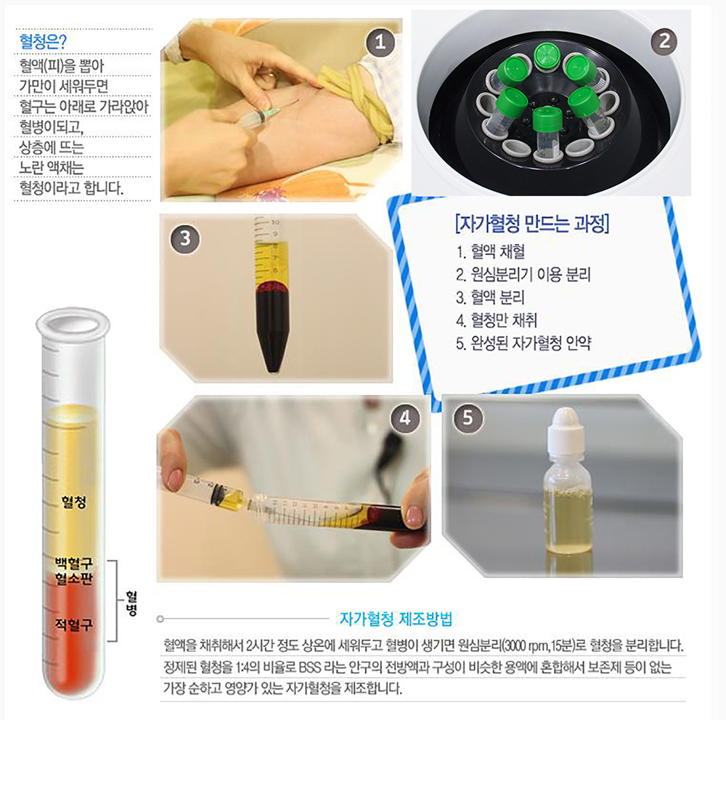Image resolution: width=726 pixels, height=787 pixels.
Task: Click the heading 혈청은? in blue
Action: (x=43, y=41)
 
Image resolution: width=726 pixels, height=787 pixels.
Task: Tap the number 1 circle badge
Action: (x=380, y=42)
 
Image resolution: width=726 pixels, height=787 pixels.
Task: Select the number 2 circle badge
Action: (x=664, y=41)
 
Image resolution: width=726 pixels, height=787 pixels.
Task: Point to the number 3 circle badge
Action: (x=185, y=238)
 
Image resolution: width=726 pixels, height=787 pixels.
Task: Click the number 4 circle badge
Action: (x=404, y=417)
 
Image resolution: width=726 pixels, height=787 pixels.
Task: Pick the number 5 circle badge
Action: (x=468, y=417)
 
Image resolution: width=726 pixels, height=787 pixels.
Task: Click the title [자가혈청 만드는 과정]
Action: (x=532, y=224)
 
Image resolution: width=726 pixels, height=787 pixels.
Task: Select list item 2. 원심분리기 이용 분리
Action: (x=523, y=274)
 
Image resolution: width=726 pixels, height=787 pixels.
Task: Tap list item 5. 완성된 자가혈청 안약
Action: (x=523, y=343)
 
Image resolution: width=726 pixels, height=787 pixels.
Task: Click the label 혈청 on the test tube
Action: (x=74, y=502)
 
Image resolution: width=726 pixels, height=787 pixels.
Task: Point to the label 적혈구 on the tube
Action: (x=74, y=625)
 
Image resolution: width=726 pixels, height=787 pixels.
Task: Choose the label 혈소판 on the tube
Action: (x=74, y=579)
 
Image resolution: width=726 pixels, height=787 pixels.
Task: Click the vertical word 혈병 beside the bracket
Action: (x=131, y=603)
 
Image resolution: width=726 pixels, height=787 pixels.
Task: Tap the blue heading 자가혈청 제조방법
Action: (x=396, y=619)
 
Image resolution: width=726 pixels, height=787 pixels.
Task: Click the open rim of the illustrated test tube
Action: (x=73, y=323)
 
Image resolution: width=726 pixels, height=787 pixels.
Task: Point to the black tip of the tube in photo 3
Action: (x=273, y=368)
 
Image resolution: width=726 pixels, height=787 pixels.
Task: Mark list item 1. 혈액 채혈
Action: (x=491, y=251)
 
